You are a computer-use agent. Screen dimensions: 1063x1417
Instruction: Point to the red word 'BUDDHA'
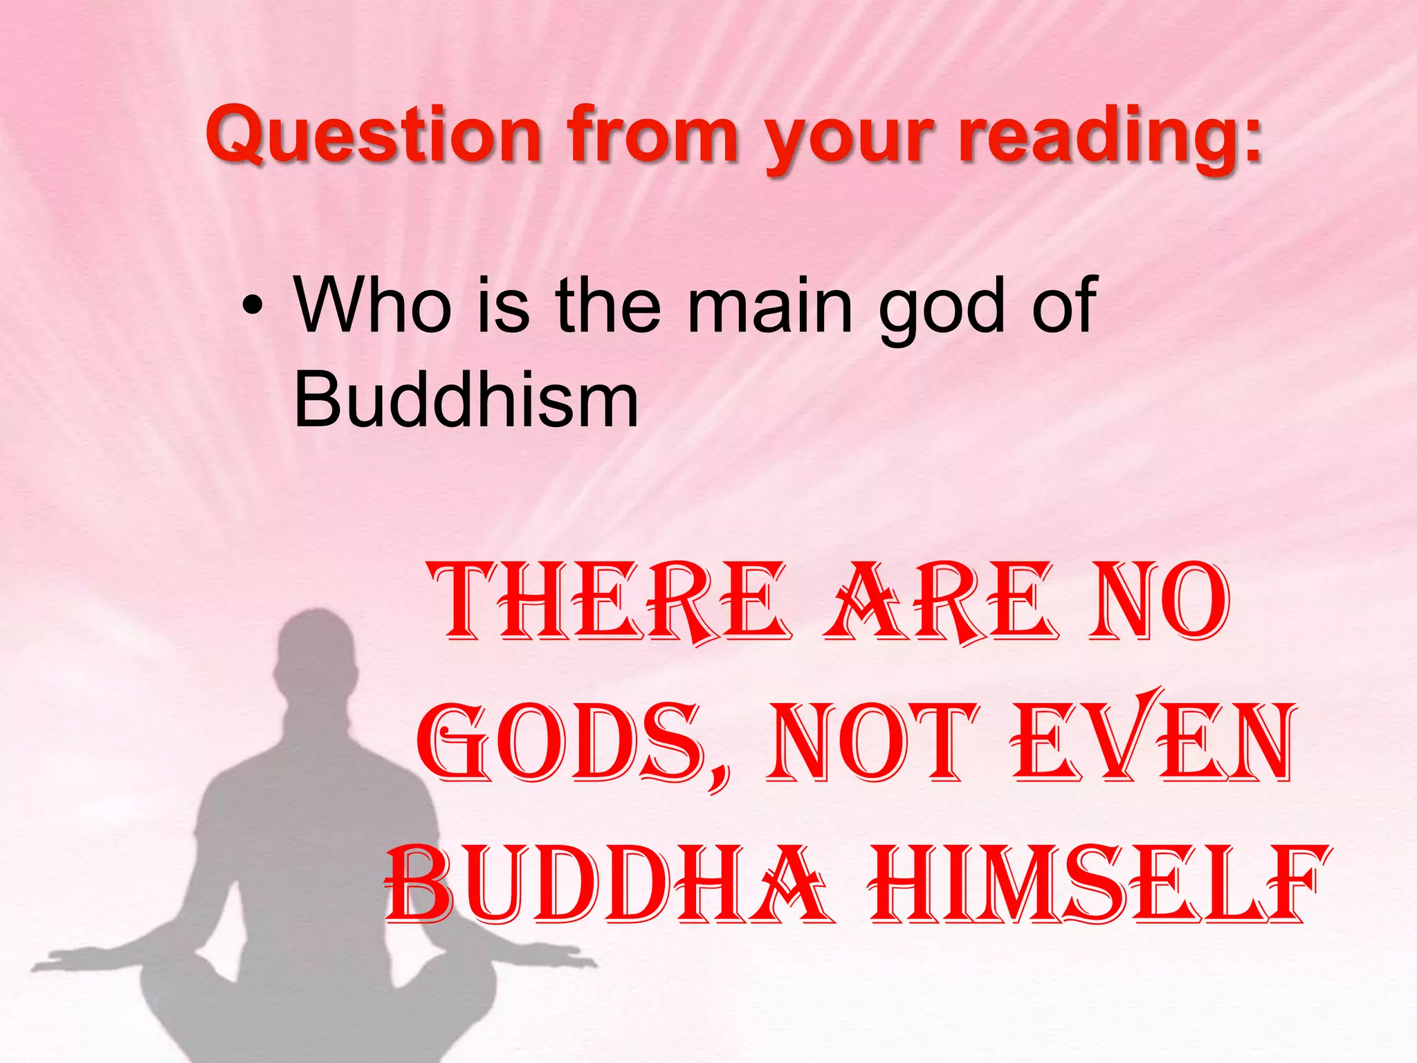[605, 886]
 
